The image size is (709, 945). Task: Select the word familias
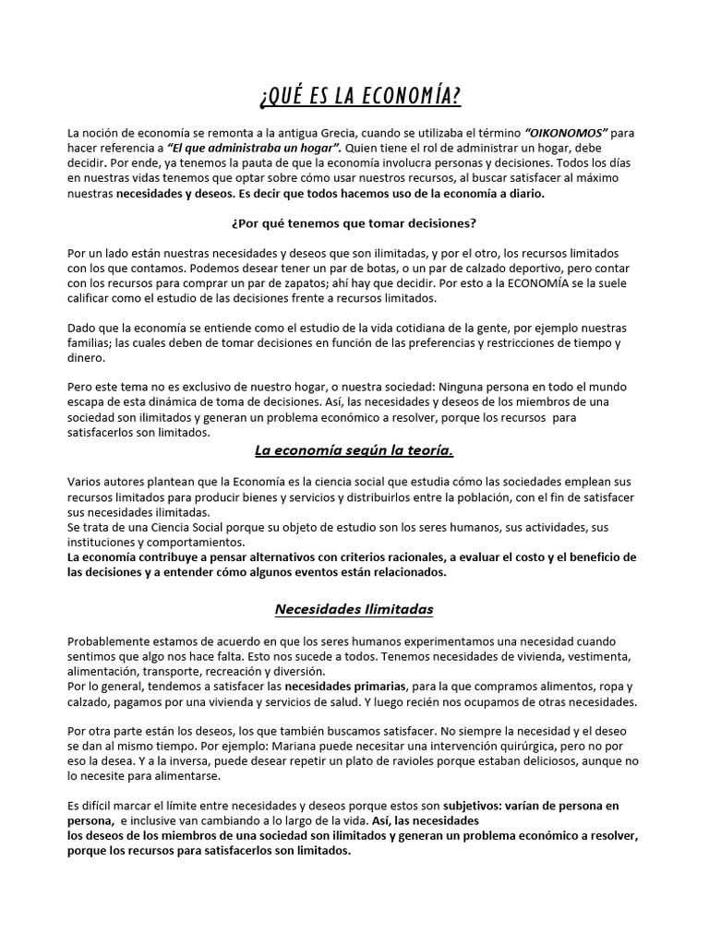pos(90,343)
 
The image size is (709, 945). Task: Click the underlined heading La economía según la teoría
pos(354,450)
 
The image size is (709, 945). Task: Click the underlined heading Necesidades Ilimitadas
pos(354,609)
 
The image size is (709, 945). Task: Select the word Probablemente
pos(110,640)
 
